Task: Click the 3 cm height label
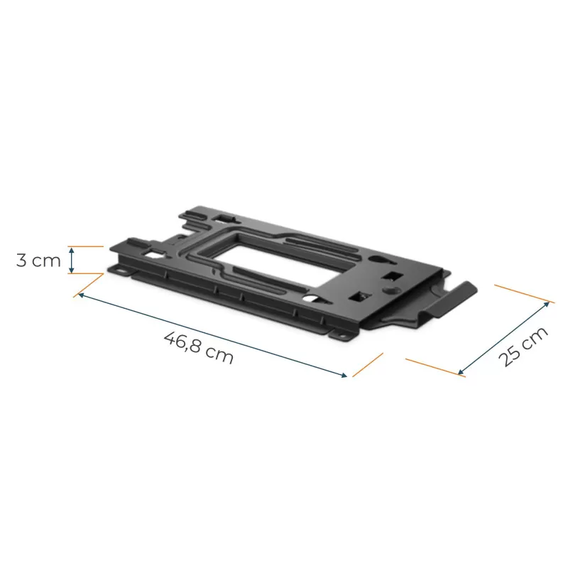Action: point(39,260)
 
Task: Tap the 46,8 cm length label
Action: point(199,347)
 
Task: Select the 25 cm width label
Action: point(523,346)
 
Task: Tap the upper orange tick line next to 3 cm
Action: point(85,246)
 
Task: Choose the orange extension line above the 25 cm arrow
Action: point(522,293)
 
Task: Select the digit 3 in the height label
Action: point(21,260)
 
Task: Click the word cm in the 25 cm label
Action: point(533,339)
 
